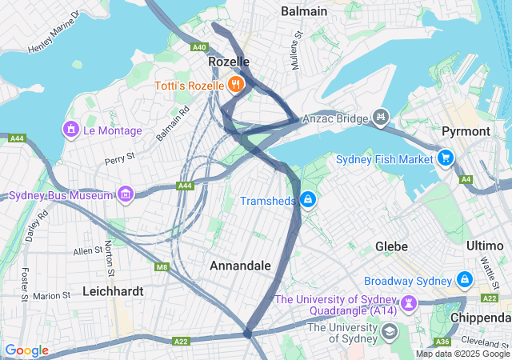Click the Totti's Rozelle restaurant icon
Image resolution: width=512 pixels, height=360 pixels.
point(235,83)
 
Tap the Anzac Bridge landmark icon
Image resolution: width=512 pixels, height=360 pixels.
point(381,117)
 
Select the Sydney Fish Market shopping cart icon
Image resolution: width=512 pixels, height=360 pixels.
point(446,158)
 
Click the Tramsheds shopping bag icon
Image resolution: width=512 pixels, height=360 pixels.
point(307,199)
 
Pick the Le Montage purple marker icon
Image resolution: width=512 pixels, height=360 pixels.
point(71,129)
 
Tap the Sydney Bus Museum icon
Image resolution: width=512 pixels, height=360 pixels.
point(125,194)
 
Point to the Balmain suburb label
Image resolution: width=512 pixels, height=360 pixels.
point(304,11)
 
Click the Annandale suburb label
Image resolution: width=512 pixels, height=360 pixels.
point(240,265)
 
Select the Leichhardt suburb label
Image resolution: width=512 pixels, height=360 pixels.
point(113,291)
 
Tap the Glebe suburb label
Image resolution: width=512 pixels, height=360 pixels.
point(392,246)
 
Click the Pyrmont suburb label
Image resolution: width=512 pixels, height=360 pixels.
point(466,130)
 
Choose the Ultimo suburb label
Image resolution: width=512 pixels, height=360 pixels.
point(483,246)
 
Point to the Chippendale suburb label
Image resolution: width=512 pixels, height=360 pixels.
point(479,318)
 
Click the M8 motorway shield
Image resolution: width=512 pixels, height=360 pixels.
point(162,266)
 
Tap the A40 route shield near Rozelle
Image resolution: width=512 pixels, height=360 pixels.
point(199,47)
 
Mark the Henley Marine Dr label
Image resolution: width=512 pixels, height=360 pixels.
point(55,32)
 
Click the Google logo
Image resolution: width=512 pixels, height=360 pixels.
point(26,350)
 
